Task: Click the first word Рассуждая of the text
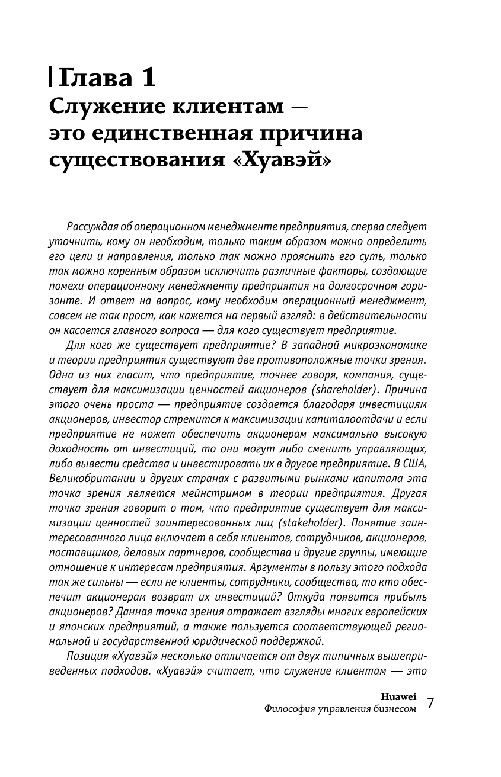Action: pos(92,228)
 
